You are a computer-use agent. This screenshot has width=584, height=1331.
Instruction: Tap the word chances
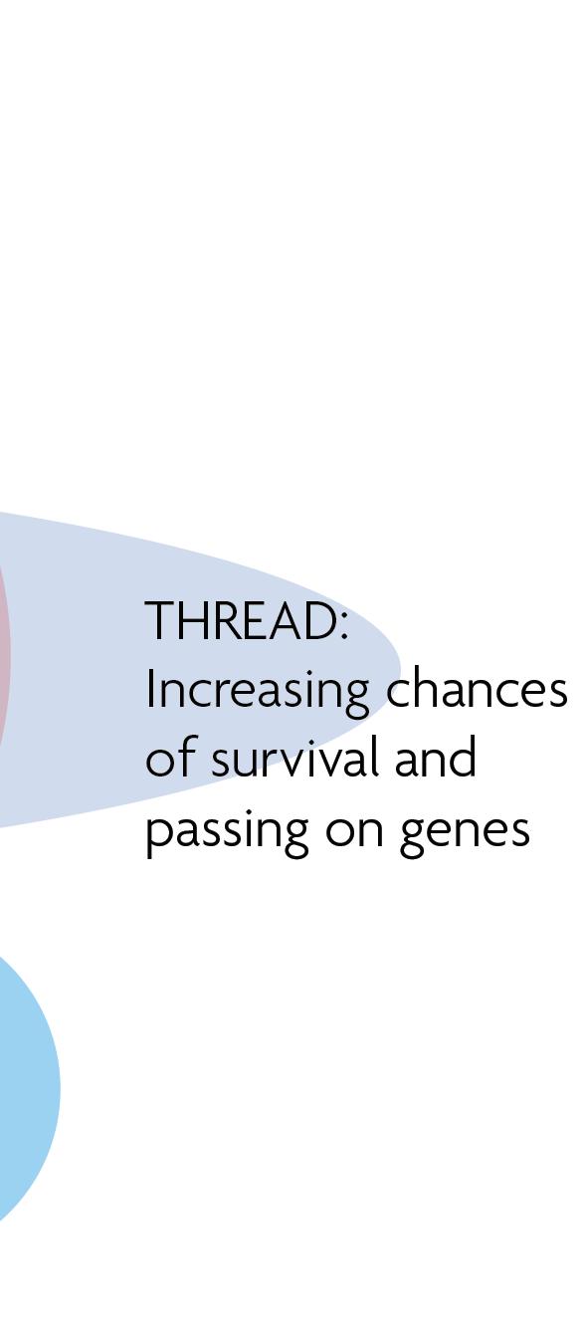point(477,689)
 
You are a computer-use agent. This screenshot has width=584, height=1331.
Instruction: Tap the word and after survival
point(435,757)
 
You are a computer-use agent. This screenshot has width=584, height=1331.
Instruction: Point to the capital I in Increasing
point(149,688)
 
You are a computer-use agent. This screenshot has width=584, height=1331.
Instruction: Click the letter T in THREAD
point(160,621)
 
